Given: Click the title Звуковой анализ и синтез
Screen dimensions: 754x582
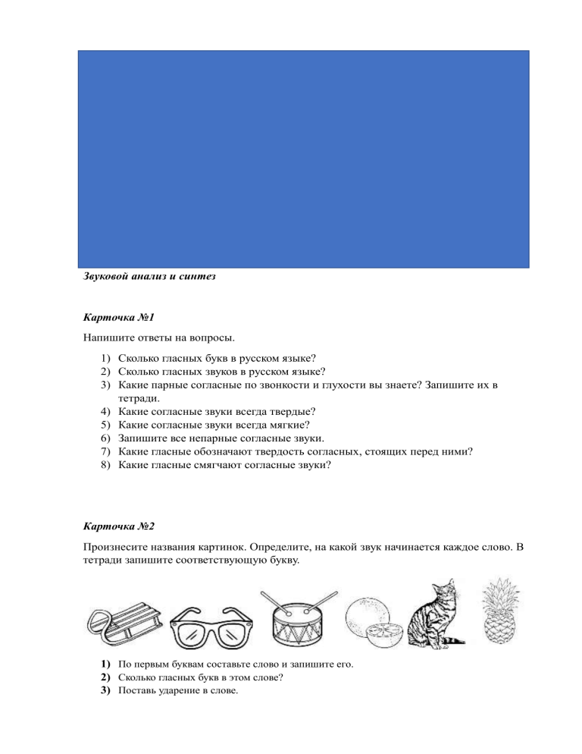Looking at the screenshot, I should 149,277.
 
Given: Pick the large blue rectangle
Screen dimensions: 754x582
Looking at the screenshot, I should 304,159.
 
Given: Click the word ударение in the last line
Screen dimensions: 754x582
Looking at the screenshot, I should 184,691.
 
